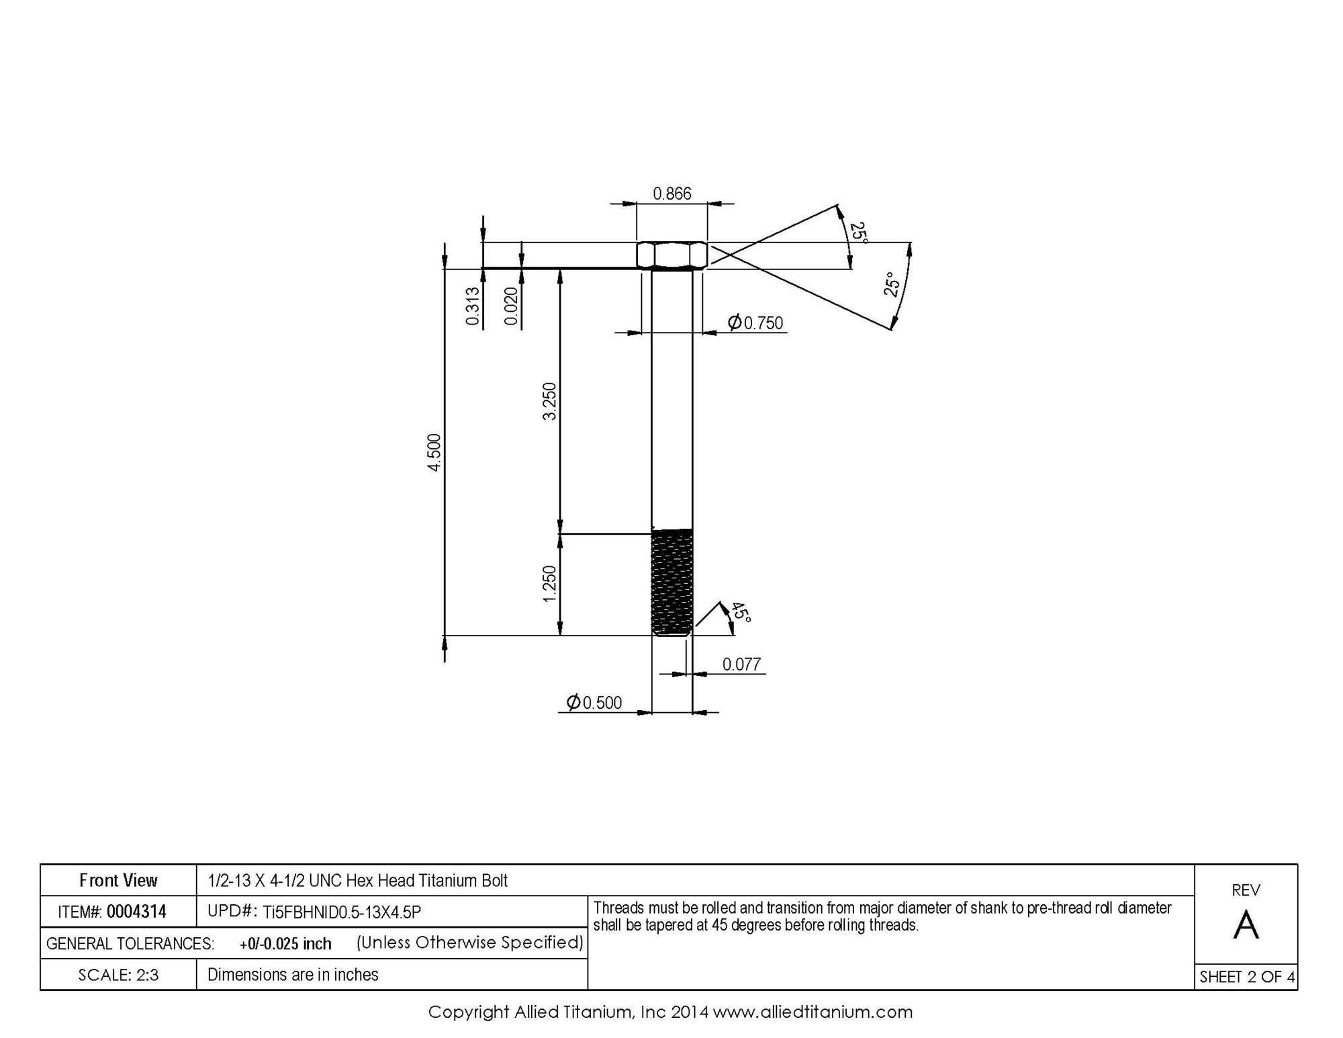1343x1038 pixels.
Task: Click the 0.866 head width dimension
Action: pos(672,193)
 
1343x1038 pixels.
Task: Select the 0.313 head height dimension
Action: pos(473,306)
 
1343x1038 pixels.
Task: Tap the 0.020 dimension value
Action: pos(512,306)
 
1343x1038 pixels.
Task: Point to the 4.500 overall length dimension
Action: pos(435,453)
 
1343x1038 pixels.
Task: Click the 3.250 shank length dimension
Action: pos(550,401)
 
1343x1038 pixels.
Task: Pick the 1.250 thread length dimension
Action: pos(550,585)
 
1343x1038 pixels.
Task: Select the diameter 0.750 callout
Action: pos(755,323)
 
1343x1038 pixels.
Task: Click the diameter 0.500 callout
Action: pos(594,703)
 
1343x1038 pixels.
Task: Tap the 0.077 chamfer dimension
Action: pos(741,664)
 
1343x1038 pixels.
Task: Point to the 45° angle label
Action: pos(741,612)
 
